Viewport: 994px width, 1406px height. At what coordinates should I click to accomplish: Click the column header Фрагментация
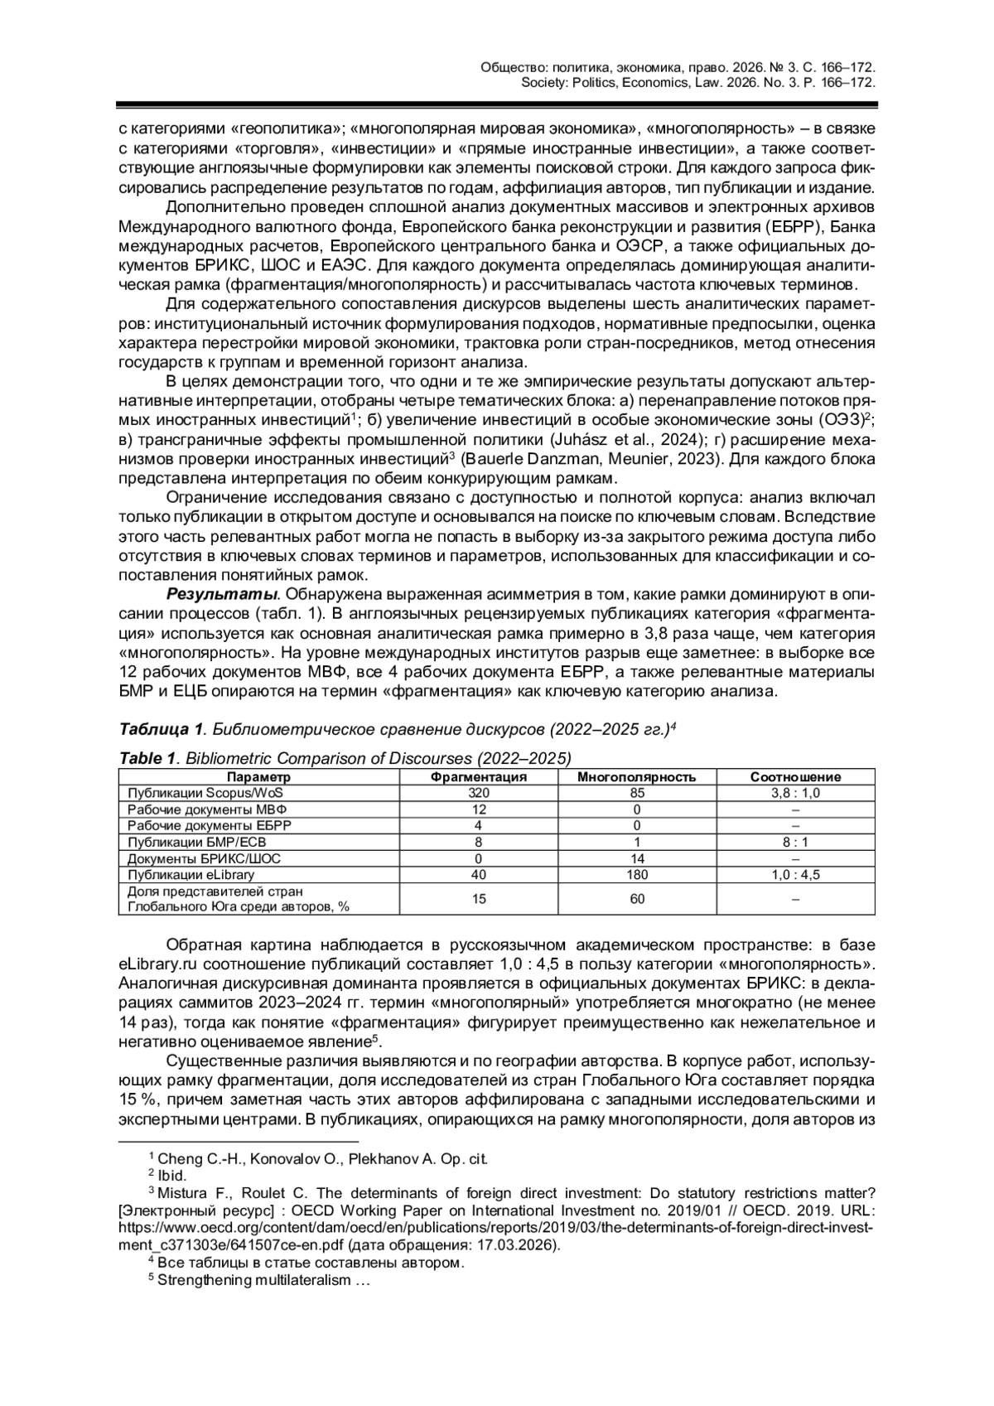coord(479,777)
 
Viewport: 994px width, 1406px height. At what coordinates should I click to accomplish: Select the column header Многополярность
coord(636,777)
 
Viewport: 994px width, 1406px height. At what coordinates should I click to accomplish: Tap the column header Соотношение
coord(795,777)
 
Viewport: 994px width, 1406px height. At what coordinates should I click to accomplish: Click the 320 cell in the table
coord(479,793)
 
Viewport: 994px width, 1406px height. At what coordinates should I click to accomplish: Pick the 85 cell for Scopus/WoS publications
coord(636,793)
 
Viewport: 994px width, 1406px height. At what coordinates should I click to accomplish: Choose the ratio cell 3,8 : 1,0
coord(795,793)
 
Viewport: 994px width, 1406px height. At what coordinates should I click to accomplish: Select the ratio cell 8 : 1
coord(795,842)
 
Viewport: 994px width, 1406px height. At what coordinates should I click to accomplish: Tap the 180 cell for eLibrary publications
coord(636,874)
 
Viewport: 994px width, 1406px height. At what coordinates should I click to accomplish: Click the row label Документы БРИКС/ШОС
coord(204,858)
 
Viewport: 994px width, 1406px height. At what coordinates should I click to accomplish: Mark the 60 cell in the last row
coord(636,898)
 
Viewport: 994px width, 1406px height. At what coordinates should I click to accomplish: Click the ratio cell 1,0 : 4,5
coord(795,874)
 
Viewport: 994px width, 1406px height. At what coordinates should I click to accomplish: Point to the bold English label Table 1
coord(148,758)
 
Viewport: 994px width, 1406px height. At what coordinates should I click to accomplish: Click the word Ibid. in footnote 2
coord(172,1175)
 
